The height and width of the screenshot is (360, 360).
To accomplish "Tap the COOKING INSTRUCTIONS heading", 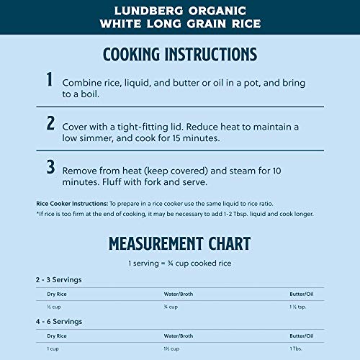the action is (x=180, y=55).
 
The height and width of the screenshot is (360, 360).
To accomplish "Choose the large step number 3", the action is (x=50, y=167).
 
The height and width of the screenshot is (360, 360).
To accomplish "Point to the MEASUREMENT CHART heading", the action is (x=180, y=243).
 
